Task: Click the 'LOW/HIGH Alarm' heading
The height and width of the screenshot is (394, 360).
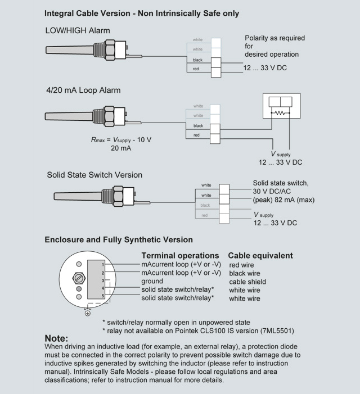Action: (77, 30)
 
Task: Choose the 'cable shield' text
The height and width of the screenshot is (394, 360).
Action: (247, 282)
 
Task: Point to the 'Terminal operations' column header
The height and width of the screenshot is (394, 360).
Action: (179, 255)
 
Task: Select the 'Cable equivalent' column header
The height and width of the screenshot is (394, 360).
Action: (260, 255)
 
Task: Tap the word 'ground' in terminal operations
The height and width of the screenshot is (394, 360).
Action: (152, 281)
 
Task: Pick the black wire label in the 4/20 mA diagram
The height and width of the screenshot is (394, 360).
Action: (198, 125)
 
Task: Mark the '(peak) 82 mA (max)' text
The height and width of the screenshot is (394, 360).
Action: (283, 200)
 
